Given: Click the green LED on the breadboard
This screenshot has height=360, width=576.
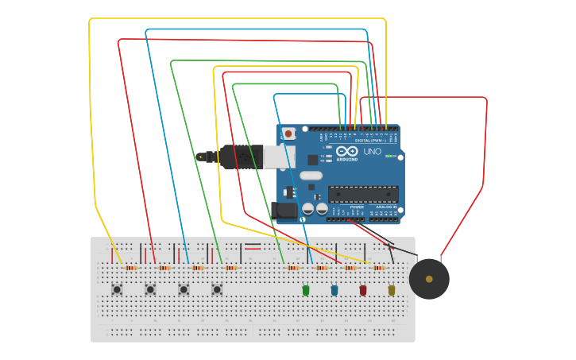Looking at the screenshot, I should tap(306, 291).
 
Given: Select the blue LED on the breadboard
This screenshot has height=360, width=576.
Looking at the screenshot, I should tap(334, 291).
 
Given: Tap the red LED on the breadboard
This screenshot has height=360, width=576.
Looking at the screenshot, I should tap(363, 291).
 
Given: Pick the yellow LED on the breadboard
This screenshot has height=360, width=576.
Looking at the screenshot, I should tap(392, 291).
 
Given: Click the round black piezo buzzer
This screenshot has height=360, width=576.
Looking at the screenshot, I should tap(429, 279).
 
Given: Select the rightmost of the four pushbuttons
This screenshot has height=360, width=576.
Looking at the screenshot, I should tap(217, 289).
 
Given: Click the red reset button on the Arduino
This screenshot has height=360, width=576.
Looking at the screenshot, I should tap(288, 134).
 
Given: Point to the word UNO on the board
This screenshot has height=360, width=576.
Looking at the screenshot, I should tap(372, 151).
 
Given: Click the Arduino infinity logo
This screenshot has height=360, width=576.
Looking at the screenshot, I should tap(347, 150).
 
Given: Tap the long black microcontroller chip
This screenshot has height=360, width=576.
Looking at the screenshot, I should tap(363, 194).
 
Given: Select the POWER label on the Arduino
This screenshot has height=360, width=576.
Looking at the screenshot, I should tap(357, 207).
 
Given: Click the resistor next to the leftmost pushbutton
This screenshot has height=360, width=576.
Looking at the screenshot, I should tap(131, 268).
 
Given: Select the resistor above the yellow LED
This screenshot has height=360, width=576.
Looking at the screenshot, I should tap(379, 268).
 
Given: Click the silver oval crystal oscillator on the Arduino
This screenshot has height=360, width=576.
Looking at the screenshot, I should tap(311, 176).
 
